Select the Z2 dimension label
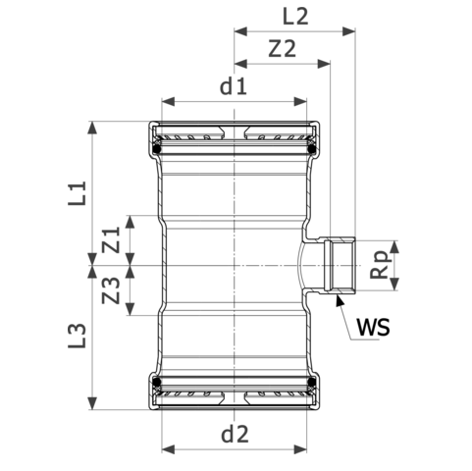[x=282, y=48]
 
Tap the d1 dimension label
[x=233, y=86]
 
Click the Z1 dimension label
[x=112, y=237]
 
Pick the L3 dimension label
[x=78, y=337]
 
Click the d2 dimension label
[x=233, y=432]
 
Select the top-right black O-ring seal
[x=312, y=149]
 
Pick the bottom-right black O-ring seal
[x=312, y=382]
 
